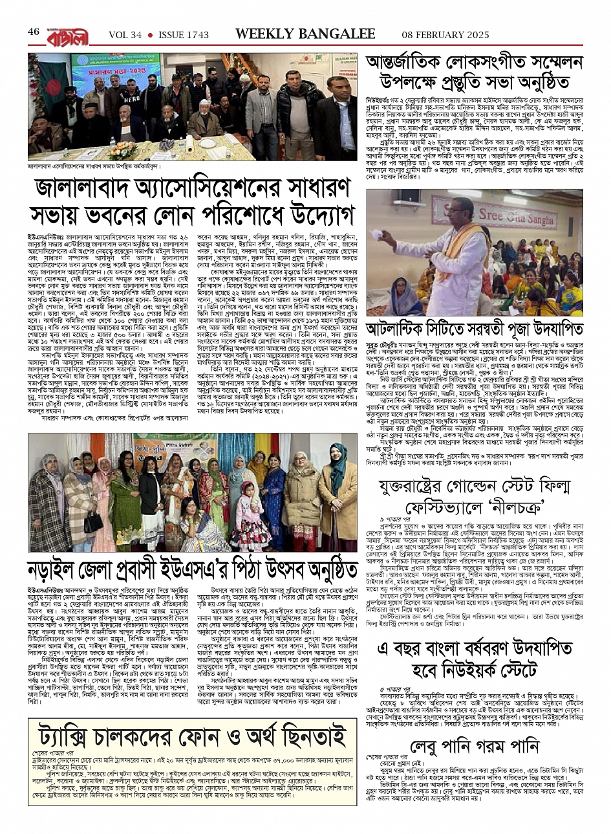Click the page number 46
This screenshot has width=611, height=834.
click(34, 32)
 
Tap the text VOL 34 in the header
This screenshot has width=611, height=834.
click(125, 34)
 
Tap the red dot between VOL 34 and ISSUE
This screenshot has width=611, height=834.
click(150, 35)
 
